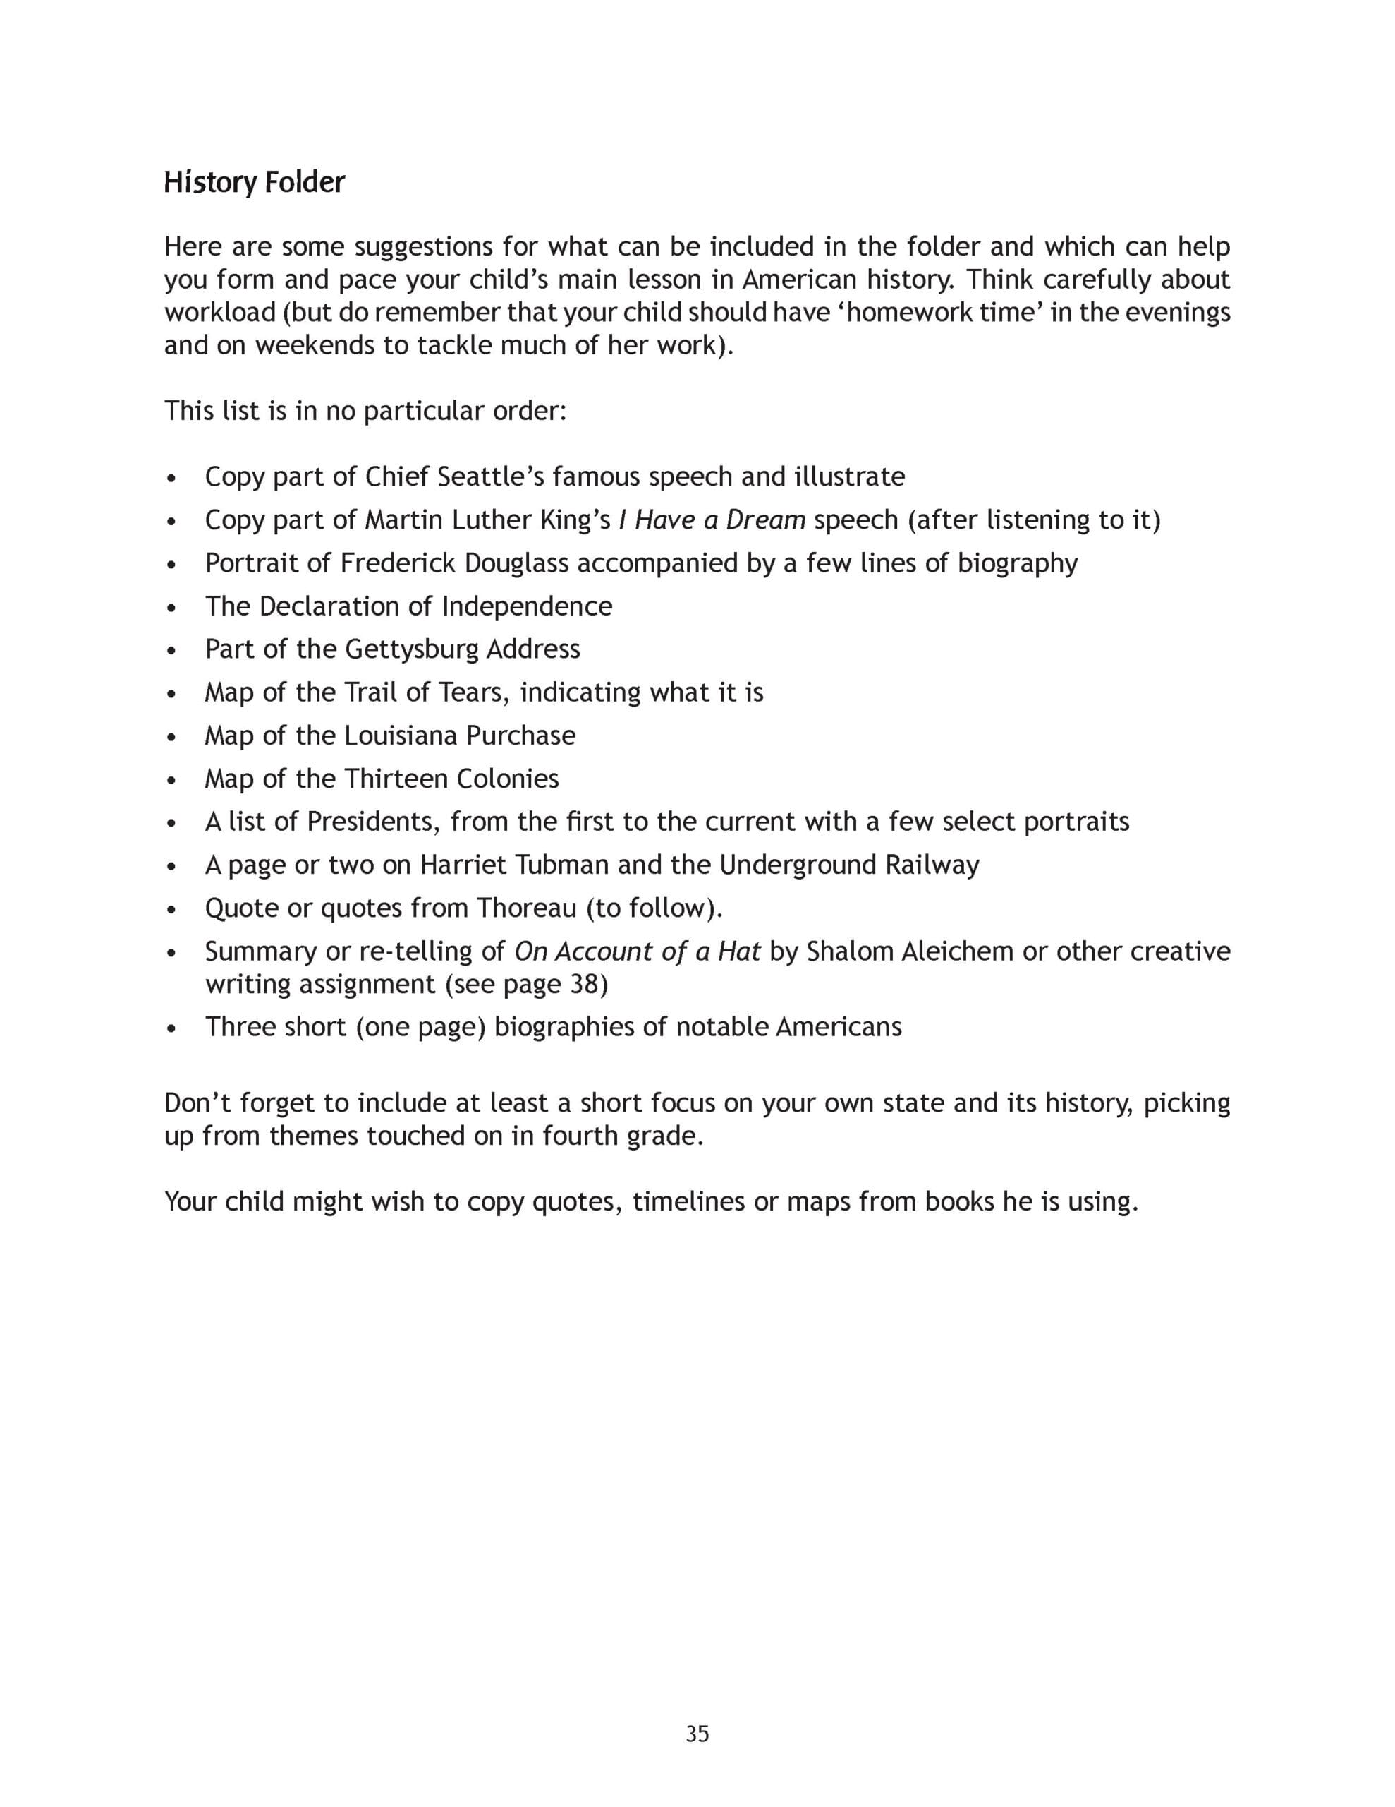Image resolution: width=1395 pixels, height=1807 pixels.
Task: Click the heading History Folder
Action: point(254,182)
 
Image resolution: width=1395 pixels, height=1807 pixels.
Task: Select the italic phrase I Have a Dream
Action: point(712,520)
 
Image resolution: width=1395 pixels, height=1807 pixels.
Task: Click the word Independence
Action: point(527,606)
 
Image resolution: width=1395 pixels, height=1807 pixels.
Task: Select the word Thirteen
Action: point(399,779)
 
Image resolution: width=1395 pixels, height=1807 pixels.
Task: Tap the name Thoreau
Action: point(527,908)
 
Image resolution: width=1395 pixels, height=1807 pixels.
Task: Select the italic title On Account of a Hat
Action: point(637,951)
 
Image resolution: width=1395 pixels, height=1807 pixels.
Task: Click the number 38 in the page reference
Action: point(584,985)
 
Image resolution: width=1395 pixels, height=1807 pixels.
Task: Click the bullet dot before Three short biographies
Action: point(171,1028)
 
